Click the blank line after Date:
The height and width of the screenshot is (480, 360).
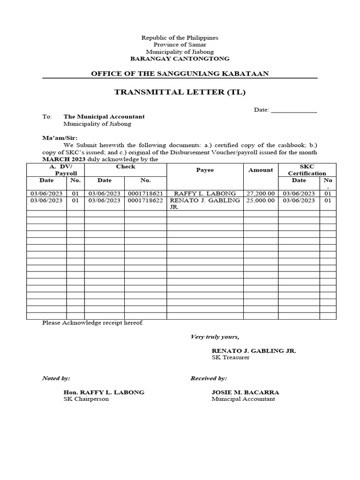pos(294,110)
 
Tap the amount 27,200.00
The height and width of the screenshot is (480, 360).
pos(260,194)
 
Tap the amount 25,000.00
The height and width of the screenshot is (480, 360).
pos(260,200)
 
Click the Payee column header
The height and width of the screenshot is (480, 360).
pos(205,170)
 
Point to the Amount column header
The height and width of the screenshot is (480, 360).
pos(260,170)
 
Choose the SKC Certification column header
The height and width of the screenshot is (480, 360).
pos(307,170)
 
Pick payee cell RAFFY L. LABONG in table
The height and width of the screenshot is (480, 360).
pos(205,194)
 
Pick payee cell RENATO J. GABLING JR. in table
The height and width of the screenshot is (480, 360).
pos(205,203)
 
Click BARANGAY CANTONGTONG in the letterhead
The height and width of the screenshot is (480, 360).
pos(180,59)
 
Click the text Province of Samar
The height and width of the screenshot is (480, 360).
pos(180,45)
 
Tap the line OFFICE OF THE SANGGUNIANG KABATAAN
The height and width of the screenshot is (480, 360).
pos(180,74)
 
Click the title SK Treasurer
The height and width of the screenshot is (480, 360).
pos(231,358)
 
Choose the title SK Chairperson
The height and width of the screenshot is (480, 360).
pos(86,399)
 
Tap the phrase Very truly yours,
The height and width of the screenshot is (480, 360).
pos(215,337)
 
